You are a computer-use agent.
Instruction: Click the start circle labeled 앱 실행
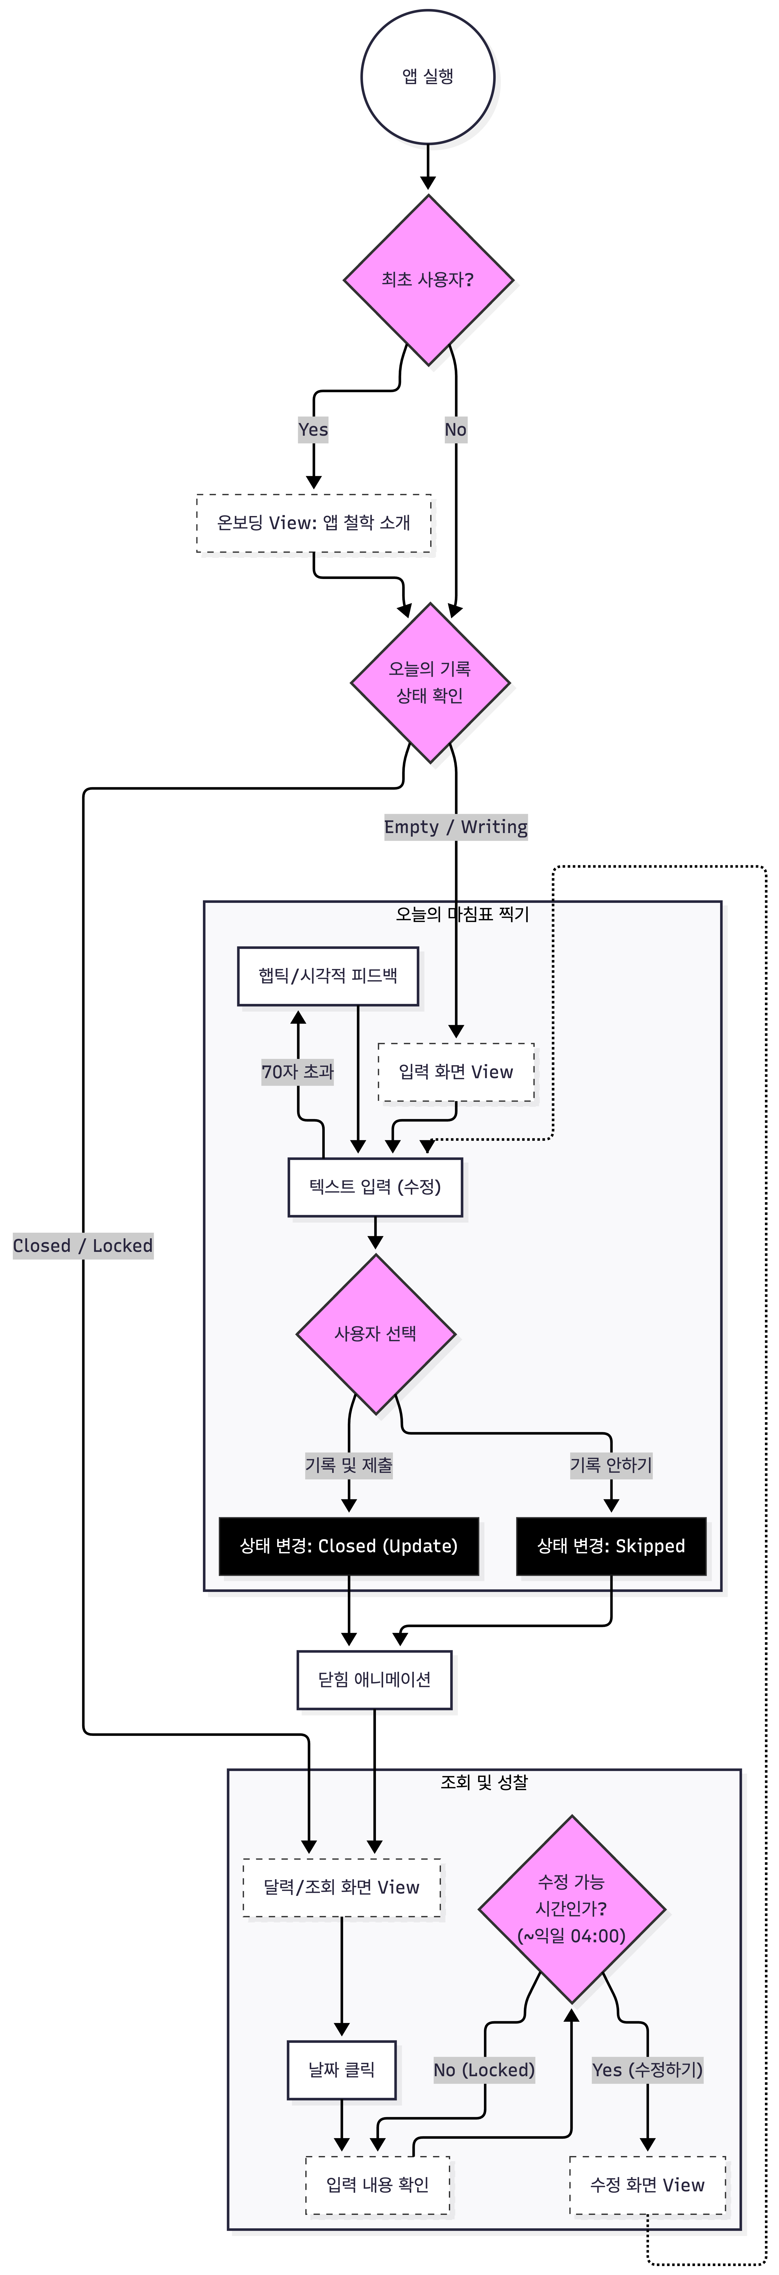tap(427, 77)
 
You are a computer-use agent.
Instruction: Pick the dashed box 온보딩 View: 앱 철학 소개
tap(313, 523)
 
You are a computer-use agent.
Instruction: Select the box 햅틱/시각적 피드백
tap(328, 976)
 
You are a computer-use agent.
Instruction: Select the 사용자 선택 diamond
tap(375, 1333)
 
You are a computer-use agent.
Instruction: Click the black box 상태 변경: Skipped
tap(611, 1546)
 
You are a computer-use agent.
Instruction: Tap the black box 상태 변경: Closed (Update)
tap(349, 1546)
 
